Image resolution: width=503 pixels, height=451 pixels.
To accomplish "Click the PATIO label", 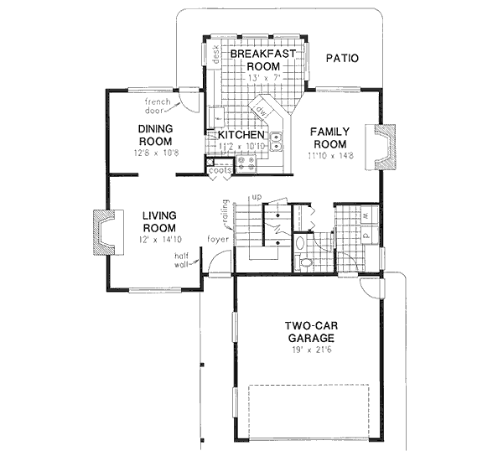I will [341, 59].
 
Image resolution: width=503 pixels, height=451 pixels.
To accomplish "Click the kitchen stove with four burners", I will [246, 163].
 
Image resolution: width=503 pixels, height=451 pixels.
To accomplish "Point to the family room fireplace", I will [383, 147].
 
